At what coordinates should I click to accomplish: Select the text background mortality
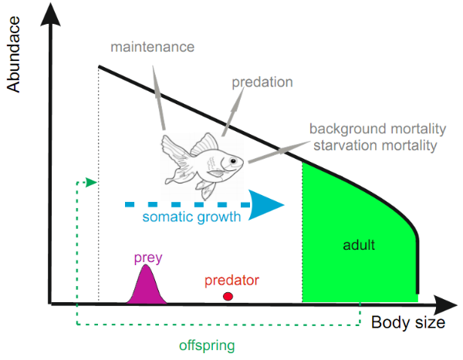(373, 128)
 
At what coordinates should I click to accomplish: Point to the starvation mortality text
(373, 143)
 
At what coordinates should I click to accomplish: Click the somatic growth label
(191, 217)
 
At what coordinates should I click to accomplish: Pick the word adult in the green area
(358, 245)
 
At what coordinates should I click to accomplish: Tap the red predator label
(232, 280)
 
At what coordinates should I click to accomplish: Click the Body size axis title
(407, 322)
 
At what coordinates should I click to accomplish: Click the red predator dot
(228, 296)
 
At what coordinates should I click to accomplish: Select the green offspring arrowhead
(93, 183)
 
